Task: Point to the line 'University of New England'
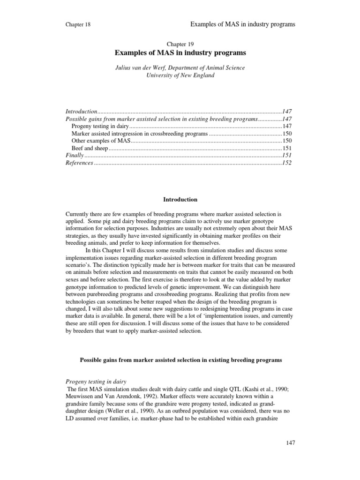tap(180, 75)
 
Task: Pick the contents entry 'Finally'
tap(74, 155)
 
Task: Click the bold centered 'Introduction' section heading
tap(180, 199)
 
